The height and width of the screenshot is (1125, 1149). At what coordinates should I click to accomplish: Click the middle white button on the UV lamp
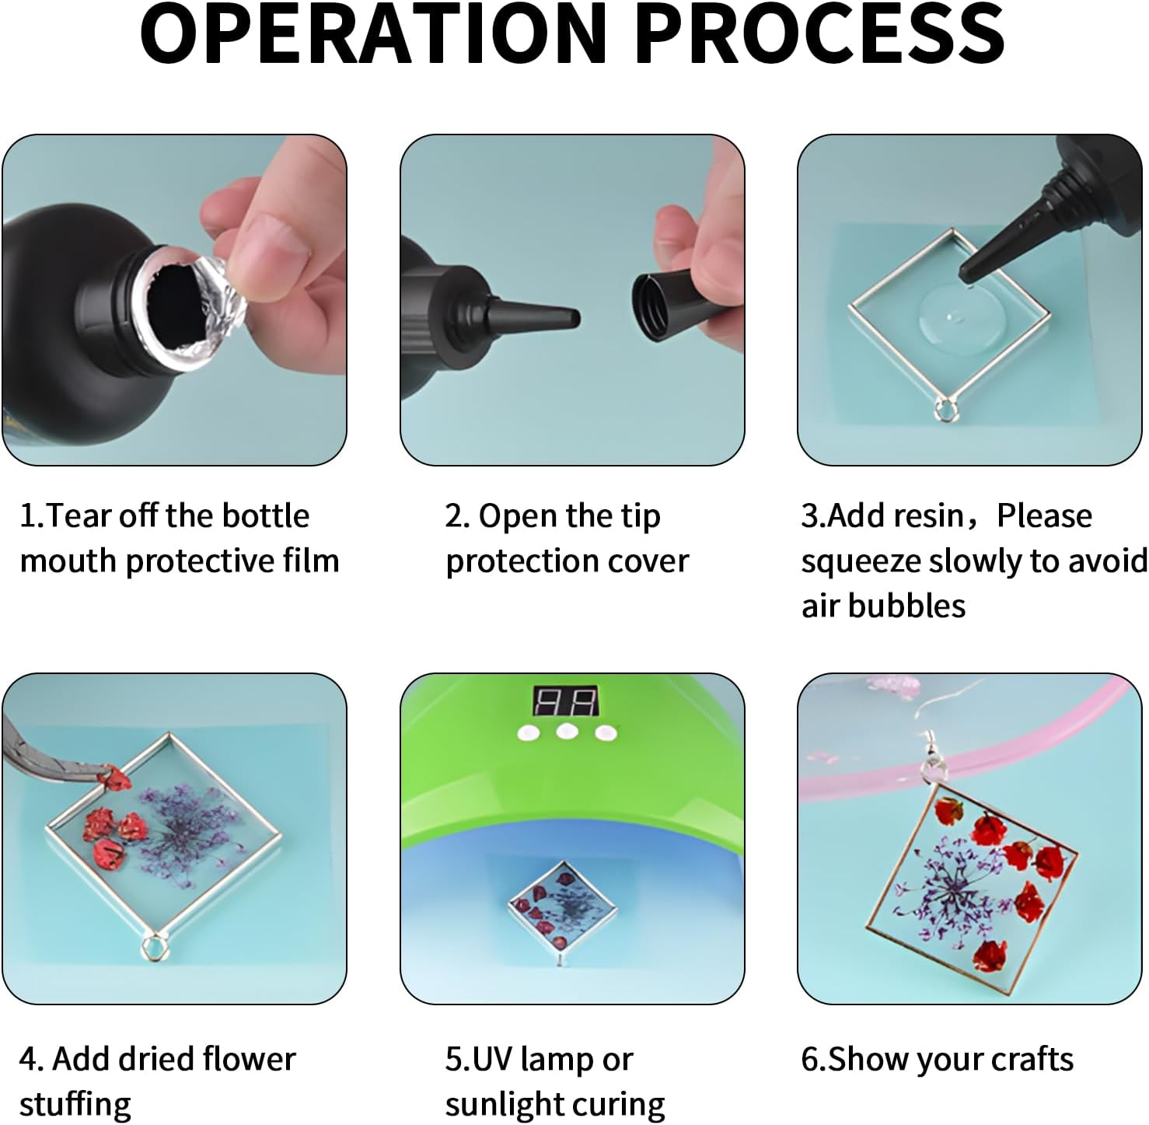pyautogui.click(x=566, y=732)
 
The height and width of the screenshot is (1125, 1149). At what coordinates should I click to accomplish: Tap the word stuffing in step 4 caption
pyautogui.click(x=75, y=1105)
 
